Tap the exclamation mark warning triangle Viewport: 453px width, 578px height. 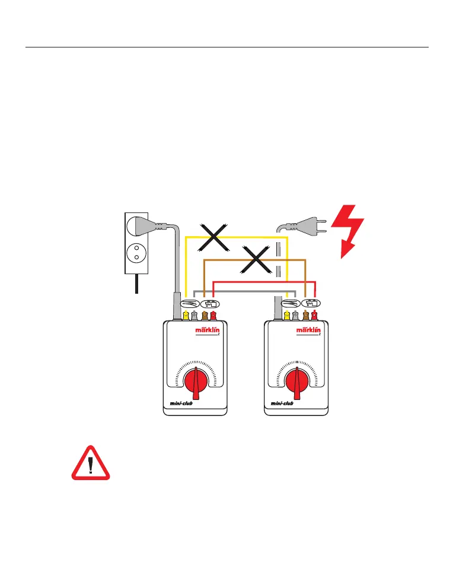(x=91, y=464)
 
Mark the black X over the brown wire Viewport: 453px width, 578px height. (x=254, y=260)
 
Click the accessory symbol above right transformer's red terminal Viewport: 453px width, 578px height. (x=310, y=303)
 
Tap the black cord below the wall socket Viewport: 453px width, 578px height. (x=136, y=284)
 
